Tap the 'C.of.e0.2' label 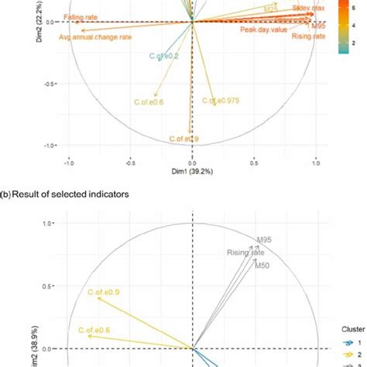click(165, 56)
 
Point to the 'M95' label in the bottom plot click(266, 238)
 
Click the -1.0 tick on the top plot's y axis click(47, 146)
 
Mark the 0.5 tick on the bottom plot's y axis click(49, 286)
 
